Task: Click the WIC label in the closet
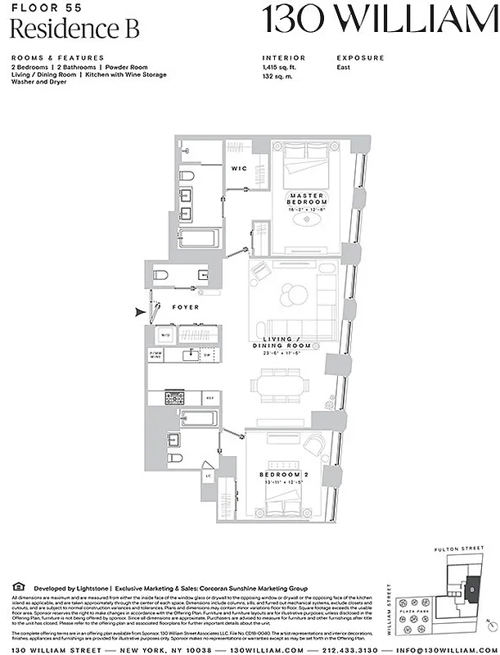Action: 239,169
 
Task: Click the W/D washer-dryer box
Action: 164,336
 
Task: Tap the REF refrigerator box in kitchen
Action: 209,398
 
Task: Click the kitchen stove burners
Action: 175,398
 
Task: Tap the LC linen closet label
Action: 209,475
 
